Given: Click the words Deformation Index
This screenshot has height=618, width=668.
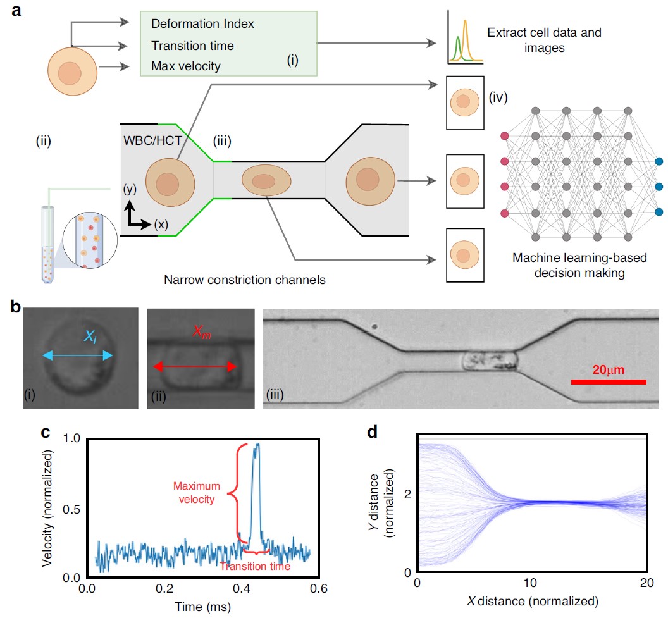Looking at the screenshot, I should [x=202, y=24].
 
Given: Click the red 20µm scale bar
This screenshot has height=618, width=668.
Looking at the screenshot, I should [x=609, y=381].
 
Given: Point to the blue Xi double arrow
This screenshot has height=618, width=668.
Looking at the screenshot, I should [x=78, y=356].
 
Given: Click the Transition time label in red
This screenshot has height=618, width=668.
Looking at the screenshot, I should [x=255, y=566].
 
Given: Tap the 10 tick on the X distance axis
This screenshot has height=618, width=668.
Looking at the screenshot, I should [x=531, y=583].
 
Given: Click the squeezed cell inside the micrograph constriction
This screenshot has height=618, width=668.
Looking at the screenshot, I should [x=488, y=362].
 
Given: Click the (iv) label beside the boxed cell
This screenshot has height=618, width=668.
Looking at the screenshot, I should [x=498, y=98].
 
